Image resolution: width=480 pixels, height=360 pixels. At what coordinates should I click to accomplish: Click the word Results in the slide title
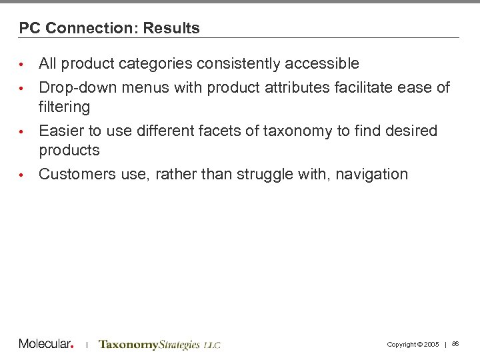pos(171,28)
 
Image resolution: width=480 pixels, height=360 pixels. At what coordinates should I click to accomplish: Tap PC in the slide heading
pos(29,28)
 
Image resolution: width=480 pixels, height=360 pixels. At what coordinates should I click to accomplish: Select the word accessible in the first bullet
pos(322,64)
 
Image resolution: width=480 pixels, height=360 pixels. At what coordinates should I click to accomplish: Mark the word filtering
pos(64,107)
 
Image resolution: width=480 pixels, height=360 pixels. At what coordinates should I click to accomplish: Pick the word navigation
pos(371,175)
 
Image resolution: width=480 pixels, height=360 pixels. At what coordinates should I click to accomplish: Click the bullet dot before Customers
pos(21,175)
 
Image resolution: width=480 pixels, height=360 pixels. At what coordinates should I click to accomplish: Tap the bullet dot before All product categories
pos(21,65)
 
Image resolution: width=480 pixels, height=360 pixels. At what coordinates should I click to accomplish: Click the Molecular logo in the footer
pos(46,344)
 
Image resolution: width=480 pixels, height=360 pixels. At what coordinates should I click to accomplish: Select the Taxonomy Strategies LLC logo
pos(159,345)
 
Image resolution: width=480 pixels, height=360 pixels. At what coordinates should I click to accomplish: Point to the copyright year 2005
pos(431,345)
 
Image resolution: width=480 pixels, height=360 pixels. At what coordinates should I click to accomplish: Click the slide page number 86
pos(455,344)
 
